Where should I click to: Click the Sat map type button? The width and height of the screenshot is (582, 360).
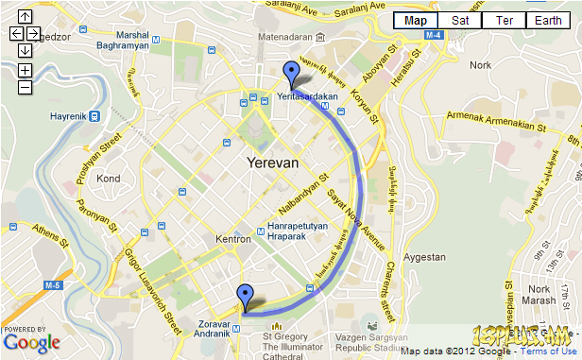click(x=460, y=20)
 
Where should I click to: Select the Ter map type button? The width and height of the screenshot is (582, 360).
click(x=505, y=20)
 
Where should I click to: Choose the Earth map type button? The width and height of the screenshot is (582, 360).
click(x=548, y=20)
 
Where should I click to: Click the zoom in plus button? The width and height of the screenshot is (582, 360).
click(x=25, y=70)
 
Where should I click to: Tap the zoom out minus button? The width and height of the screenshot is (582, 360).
click(x=25, y=87)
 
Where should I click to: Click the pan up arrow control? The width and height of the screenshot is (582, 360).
click(x=25, y=16)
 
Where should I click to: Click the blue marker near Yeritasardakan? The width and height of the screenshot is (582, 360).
click(x=291, y=73)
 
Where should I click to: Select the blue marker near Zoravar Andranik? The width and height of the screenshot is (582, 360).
click(x=246, y=296)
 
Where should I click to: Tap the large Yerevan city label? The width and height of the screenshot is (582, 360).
click(x=272, y=163)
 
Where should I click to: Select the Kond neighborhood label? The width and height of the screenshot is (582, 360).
click(x=109, y=178)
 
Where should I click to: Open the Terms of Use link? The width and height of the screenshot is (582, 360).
click(x=545, y=351)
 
